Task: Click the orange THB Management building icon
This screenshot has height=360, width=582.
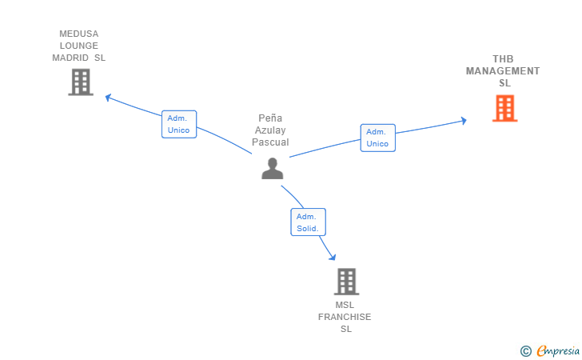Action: coord(504,108)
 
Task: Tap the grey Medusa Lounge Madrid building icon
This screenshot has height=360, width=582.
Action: coord(81,82)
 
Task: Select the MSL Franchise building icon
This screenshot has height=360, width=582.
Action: coord(346,282)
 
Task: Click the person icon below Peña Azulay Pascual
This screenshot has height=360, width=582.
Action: coord(273,168)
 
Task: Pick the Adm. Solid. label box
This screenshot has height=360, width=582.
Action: coord(308,222)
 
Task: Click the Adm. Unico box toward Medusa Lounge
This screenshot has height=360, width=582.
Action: coord(179,124)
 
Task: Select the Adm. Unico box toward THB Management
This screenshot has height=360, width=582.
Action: coord(378,138)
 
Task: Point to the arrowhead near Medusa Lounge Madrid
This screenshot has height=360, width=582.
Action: coord(109,98)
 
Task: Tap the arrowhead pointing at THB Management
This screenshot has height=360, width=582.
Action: coord(463,121)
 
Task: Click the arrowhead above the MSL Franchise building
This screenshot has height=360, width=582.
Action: coord(333,257)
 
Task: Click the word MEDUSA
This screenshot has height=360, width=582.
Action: coord(78,34)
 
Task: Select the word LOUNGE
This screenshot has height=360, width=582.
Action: coord(78,46)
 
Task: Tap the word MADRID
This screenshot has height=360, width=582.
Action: coord(70,58)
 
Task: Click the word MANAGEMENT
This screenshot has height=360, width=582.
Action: coord(503,71)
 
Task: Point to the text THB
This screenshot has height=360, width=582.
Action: coord(503,59)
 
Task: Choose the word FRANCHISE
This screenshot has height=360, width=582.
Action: coord(345,317)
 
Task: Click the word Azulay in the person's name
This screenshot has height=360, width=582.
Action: coord(270,130)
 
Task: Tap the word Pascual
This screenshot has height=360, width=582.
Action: coord(270,142)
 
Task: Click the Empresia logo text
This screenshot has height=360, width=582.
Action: coord(558,350)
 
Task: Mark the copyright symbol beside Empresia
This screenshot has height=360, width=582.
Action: coord(526,351)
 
